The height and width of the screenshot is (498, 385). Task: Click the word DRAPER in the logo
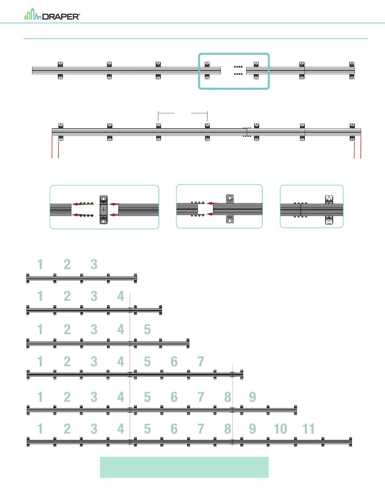pos(61,17)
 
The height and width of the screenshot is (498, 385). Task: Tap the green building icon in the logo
pos(33,15)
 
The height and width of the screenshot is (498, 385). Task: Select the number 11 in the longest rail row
pos(308,429)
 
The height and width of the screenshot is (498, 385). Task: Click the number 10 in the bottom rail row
pos(280,429)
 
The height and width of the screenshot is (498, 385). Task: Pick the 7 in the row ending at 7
pos(201,362)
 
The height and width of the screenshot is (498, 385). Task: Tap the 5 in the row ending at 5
pos(147,329)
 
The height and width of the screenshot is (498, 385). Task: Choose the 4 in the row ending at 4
pos(121,296)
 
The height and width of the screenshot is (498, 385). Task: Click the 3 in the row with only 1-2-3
pos(94,264)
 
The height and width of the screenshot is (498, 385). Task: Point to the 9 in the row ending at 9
pos(252,397)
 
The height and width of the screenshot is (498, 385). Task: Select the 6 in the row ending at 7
pos(174,362)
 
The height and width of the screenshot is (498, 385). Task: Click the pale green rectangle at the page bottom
pos(184,467)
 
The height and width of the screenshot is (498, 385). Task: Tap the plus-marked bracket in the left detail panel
pos(103,210)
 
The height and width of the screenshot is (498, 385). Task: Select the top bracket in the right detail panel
pos(329,199)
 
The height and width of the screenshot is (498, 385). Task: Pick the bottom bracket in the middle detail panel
pos(230,219)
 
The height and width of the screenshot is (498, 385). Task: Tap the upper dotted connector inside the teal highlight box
pos(238,67)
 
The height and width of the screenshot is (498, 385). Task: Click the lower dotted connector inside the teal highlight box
pos(238,74)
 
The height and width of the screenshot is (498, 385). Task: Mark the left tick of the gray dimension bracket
pos(158,116)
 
